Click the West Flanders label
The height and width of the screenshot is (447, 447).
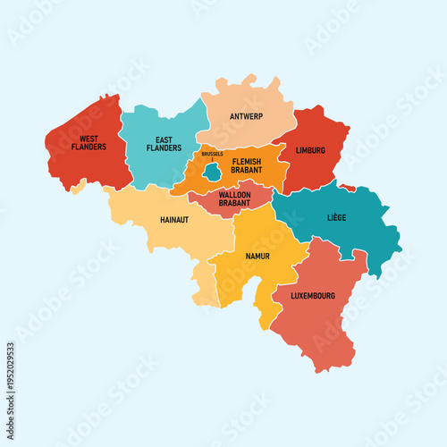89,143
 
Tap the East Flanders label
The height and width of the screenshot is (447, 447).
164,143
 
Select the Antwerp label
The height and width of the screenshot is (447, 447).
246,115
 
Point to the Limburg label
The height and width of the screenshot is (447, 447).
310,151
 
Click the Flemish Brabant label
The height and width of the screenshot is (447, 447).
247,165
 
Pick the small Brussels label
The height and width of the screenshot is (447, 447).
212,154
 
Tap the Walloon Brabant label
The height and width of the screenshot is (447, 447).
234,198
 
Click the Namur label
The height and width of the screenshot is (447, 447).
257,256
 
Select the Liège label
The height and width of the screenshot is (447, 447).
337,217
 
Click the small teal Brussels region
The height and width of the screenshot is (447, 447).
212,170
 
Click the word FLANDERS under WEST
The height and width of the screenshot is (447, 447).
89,148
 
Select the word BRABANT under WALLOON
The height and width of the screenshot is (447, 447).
234,203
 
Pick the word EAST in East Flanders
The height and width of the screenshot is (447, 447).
164,139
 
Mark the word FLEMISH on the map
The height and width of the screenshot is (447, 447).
247,161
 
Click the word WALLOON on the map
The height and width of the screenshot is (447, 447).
234,194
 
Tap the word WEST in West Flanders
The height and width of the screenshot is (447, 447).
89,139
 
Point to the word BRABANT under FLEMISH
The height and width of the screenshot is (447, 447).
247,170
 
